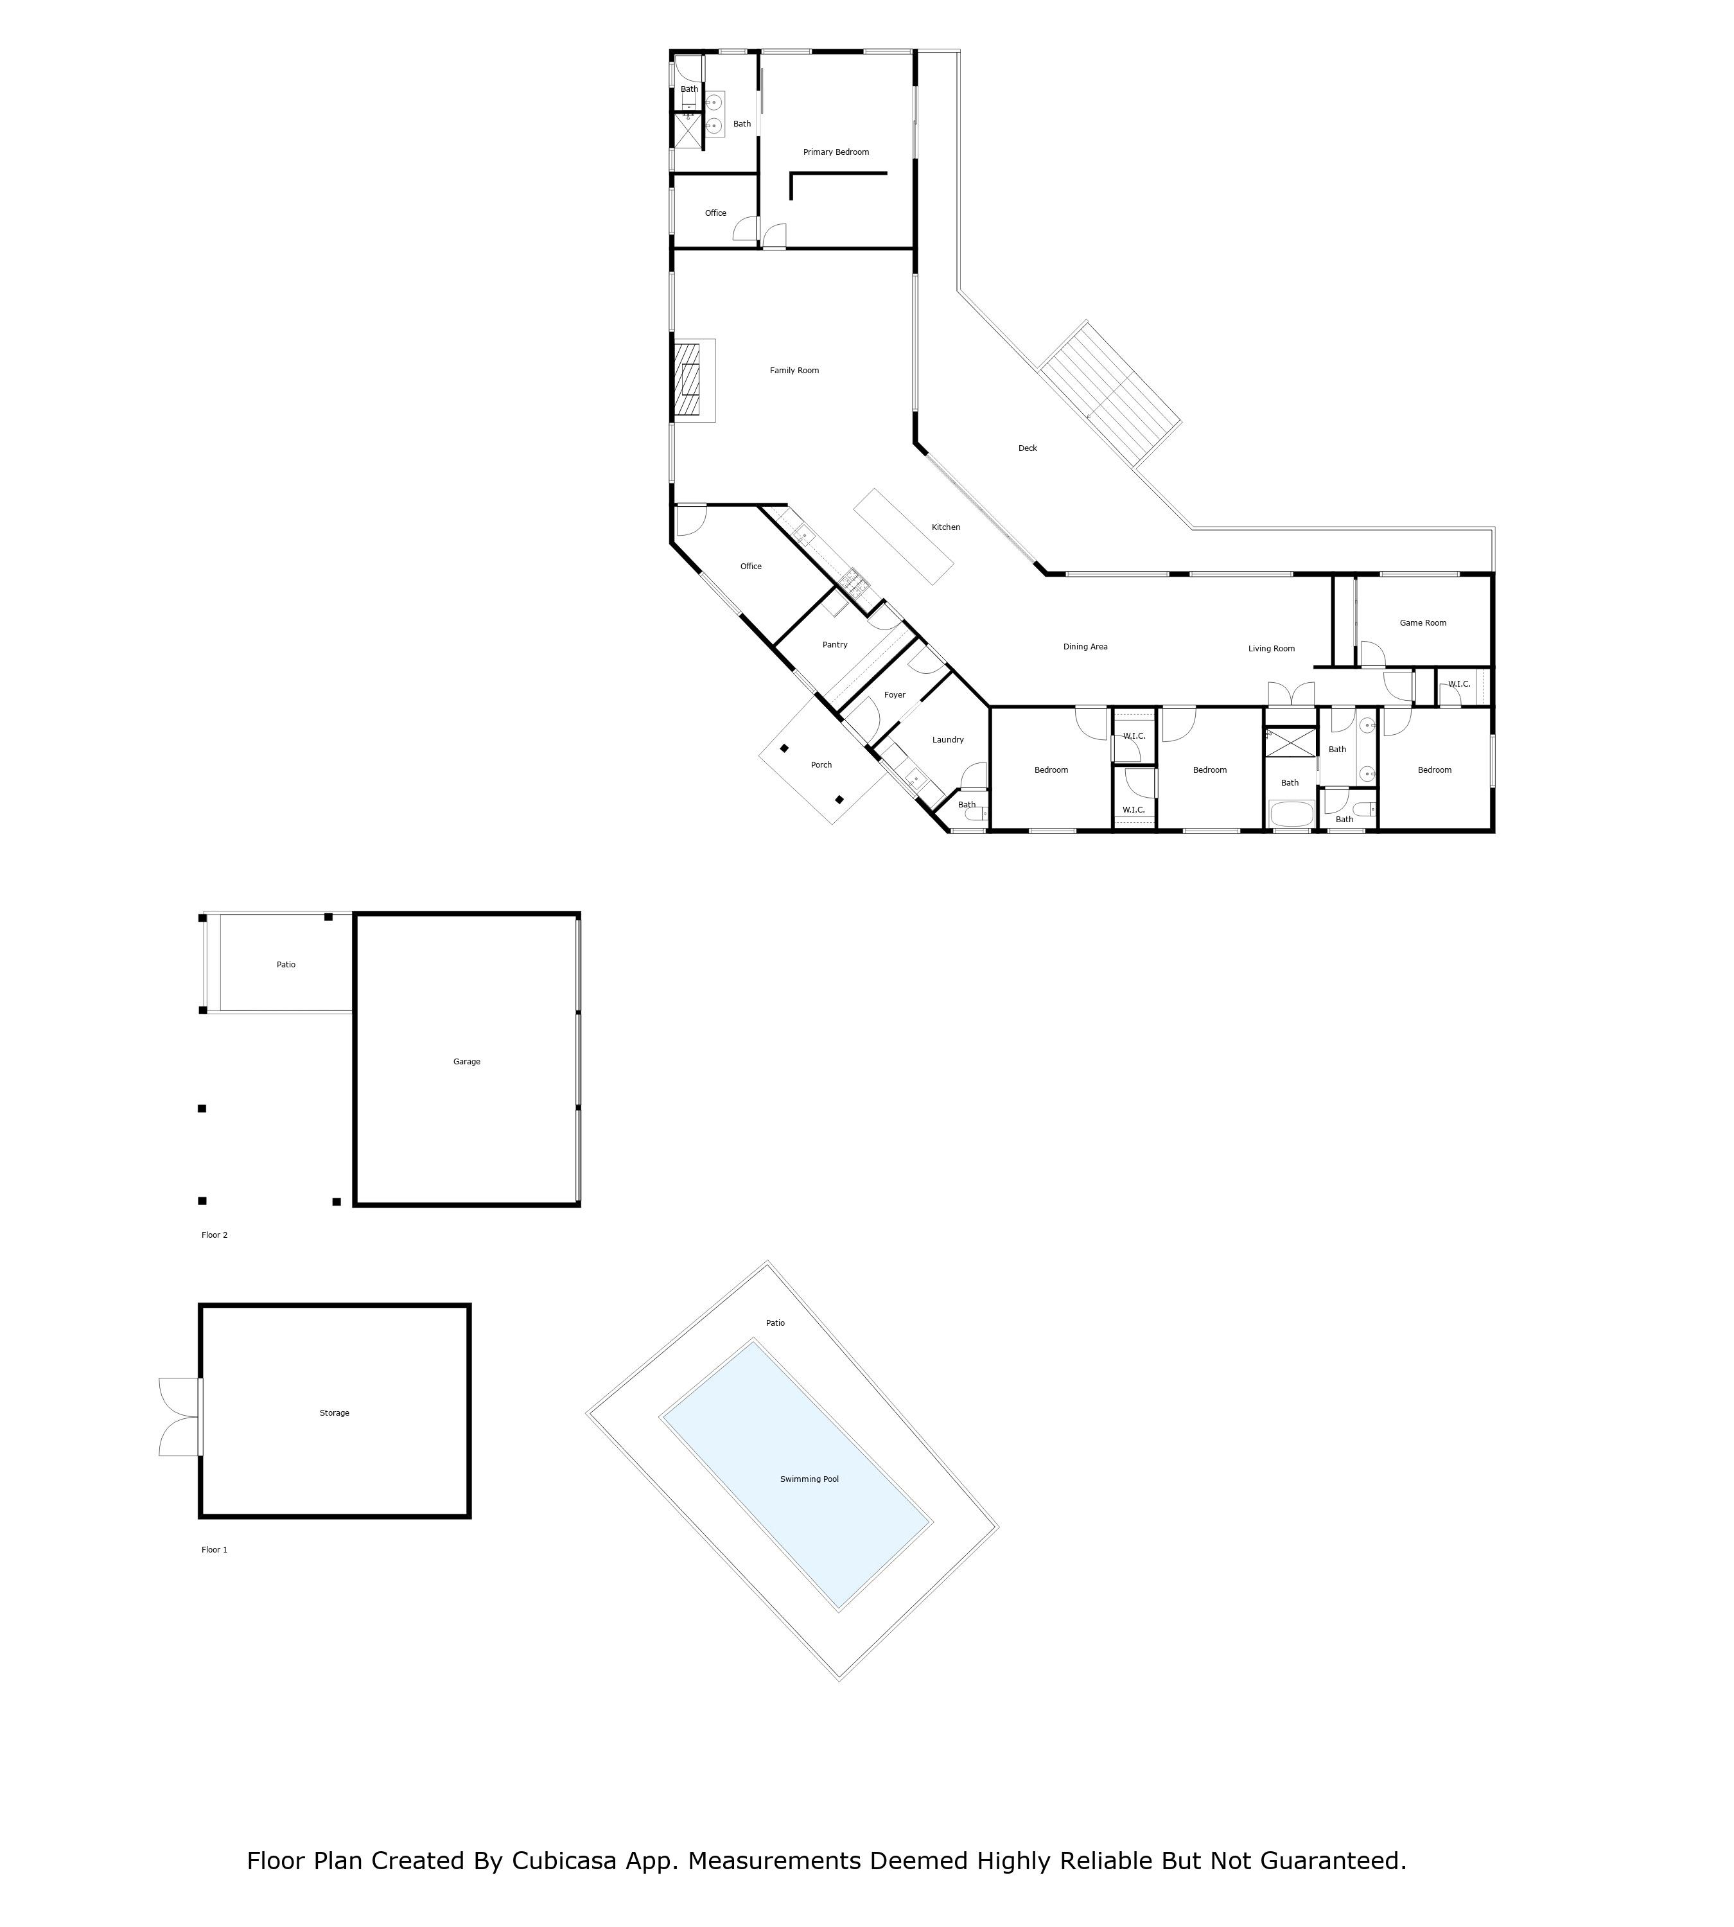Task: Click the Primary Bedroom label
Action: click(836, 152)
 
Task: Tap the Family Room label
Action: click(794, 371)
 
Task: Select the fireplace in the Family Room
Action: click(688, 380)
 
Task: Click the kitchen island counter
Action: click(903, 536)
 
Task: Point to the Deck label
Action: click(1027, 448)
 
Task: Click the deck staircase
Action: click(1110, 394)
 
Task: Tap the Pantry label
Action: click(835, 645)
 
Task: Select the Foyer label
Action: click(894, 696)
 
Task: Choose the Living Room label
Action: click(1271, 649)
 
